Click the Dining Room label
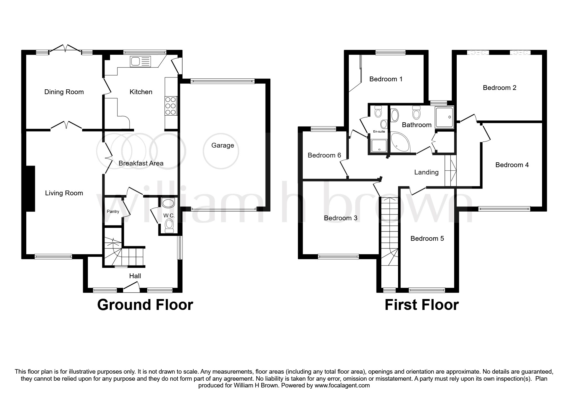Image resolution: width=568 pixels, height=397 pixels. click(x=64, y=92)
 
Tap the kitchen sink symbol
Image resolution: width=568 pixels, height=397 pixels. click(x=140, y=61)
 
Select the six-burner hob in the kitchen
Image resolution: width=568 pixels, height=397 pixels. click(x=171, y=106)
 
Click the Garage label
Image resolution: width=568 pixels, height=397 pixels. click(x=223, y=145)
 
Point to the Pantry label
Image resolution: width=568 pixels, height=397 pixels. click(x=113, y=212)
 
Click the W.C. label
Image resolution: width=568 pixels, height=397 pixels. click(x=169, y=216)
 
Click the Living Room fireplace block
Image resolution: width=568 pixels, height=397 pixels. click(x=30, y=188)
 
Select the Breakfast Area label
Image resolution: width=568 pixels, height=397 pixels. click(x=141, y=163)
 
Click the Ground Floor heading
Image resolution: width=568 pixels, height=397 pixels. click(x=145, y=305)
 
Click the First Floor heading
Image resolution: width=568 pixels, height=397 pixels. click(x=421, y=305)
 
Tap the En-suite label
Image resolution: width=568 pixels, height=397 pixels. click(x=379, y=132)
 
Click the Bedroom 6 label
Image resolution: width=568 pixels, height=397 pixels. click(x=324, y=156)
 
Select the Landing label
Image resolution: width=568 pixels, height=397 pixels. click(x=426, y=173)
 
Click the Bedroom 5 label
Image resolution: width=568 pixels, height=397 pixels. click(x=427, y=239)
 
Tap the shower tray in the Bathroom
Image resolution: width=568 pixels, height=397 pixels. click(x=444, y=117)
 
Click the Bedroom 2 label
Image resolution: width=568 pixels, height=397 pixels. click(x=499, y=88)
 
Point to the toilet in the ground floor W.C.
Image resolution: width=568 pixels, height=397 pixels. click(x=168, y=227)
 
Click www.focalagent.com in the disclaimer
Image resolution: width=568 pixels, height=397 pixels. click(x=342, y=385)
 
